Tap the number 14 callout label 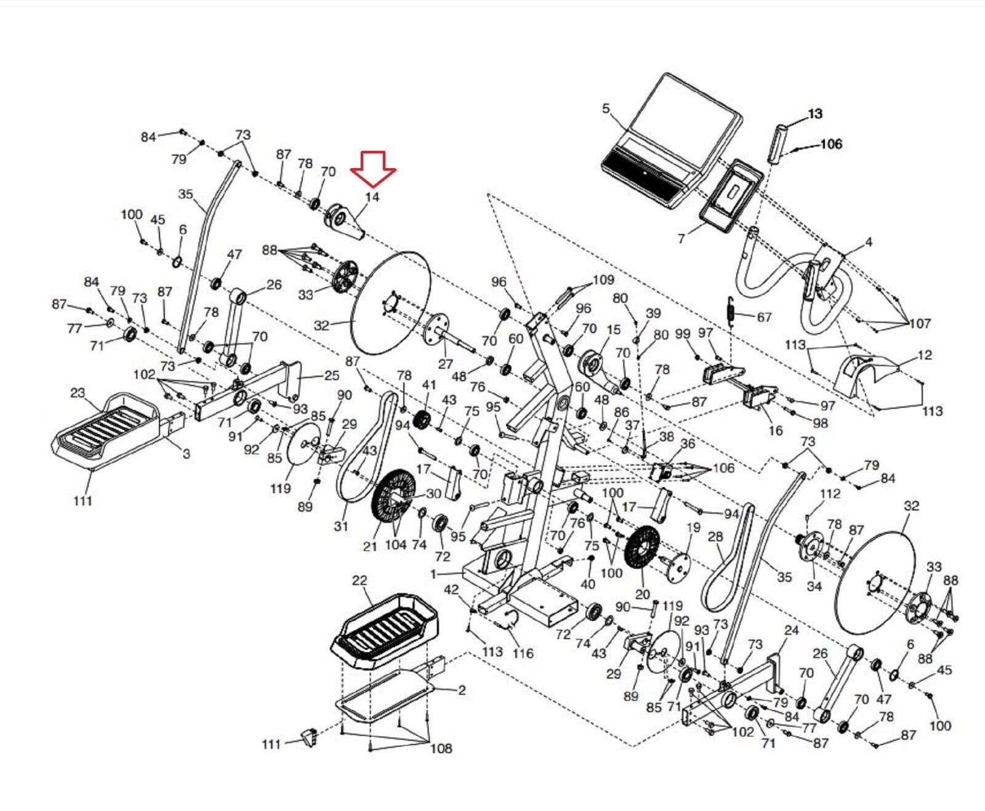pyautogui.click(x=372, y=197)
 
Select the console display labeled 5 pyautogui.click(x=670, y=140)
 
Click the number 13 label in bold pyautogui.click(x=815, y=113)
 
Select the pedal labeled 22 pyautogui.click(x=384, y=631)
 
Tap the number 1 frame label pyautogui.click(x=433, y=573)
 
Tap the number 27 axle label pyautogui.click(x=446, y=364)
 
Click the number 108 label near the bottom pyautogui.click(x=441, y=748)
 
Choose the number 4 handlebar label pyautogui.click(x=869, y=242)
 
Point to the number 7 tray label pyautogui.click(x=681, y=239)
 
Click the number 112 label pyautogui.click(x=830, y=493)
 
